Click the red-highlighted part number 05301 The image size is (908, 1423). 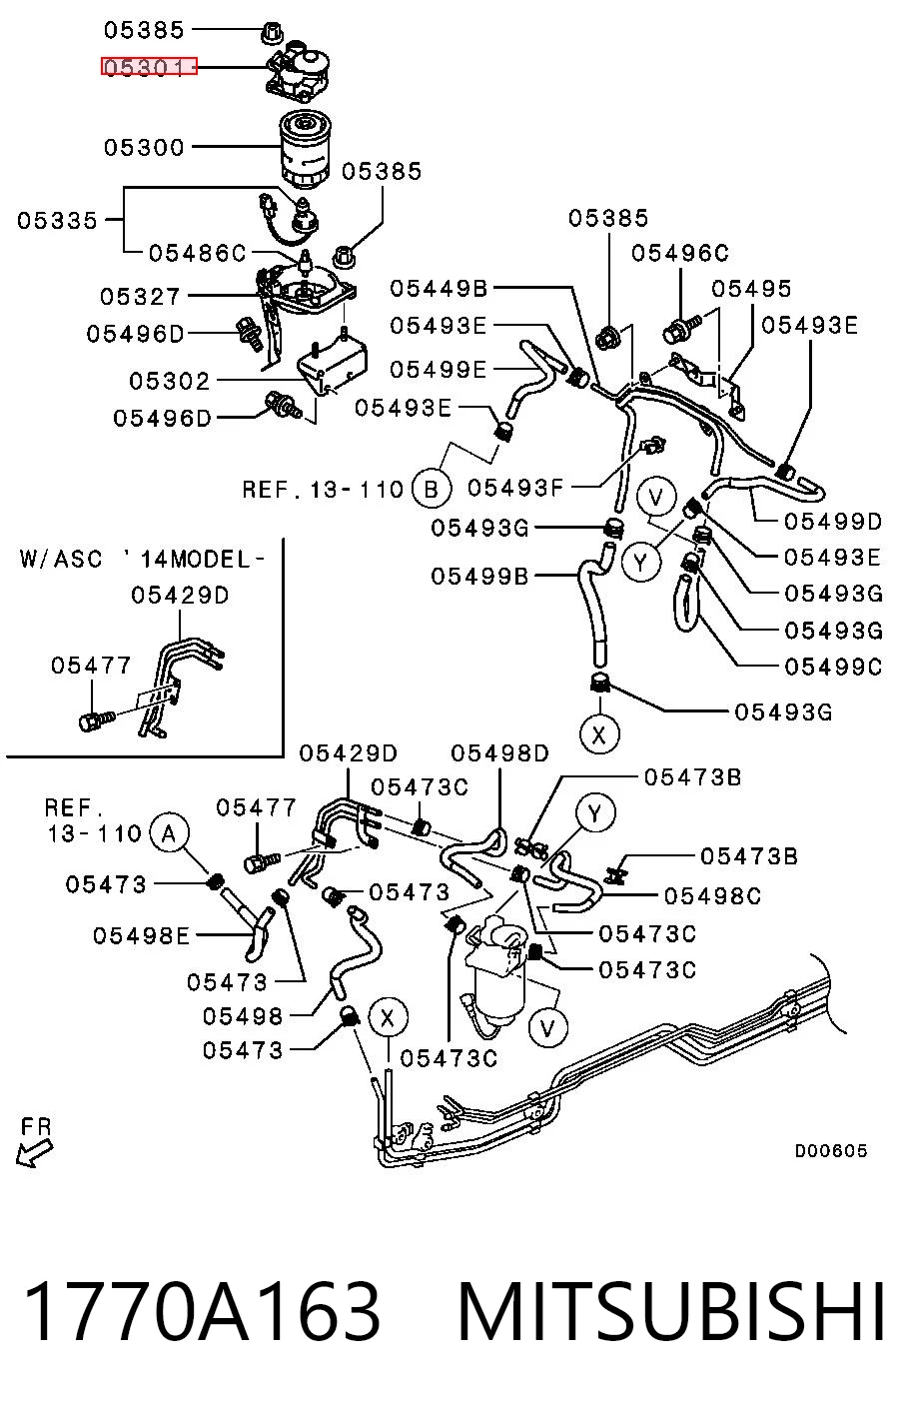[x=149, y=66]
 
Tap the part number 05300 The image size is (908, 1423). [x=144, y=147]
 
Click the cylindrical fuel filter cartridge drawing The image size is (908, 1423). [x=304, y=150]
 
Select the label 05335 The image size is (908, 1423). [x=57, y=221]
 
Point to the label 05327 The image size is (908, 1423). [x=140, y=296]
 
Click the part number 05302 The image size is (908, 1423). [x=170, y=381]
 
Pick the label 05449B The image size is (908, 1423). [x=439, y=288]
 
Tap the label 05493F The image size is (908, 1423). [x=515, y=488]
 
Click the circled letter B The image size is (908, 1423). [x=432, y=490]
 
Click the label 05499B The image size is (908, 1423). [x=479, y=577]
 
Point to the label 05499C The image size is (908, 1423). [x=833, y=667]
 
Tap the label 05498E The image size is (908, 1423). [x=142, y=935]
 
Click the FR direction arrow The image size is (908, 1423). [x=34, y=1152]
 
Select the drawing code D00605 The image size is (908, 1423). [x=830, y=1150]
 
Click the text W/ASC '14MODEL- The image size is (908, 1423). [x=142, y=559]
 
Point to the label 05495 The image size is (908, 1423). [x=751, y=289]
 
